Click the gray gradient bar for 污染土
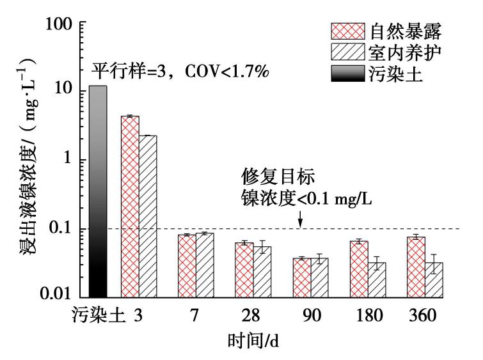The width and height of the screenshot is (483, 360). point(98,192)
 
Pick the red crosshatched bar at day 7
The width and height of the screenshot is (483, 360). point(187,266)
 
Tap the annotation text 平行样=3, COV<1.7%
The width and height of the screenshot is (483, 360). point(181,69)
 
